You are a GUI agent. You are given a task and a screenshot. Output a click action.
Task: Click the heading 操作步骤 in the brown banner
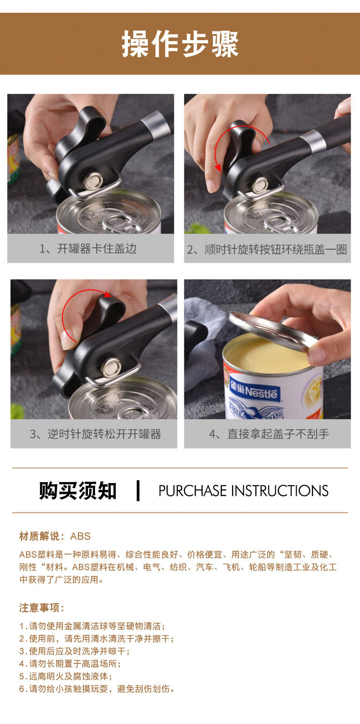click(x=180, y=45)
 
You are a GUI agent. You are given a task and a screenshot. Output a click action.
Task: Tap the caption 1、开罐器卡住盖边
click(x=88, y=249)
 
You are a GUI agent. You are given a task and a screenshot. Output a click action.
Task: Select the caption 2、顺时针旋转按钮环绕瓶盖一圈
click(x=267, y=250)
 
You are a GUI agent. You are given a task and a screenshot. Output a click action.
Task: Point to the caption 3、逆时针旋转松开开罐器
click(x=95, y=434)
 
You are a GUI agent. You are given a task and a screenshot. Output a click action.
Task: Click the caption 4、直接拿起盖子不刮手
click(x=269, y=434)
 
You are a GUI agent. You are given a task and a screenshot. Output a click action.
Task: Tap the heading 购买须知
click(x=78, y=491)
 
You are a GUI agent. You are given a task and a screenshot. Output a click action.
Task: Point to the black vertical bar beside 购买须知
click(x=138, y=491)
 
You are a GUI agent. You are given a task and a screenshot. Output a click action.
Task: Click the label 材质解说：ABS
click(x=55, y=536)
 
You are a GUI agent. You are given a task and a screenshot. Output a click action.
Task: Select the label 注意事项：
click(x=42, y=608)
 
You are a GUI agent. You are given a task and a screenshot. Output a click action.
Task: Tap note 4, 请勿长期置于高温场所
click(x=70, y=664)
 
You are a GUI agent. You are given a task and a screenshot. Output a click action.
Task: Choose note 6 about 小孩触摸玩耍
click(x=97, y=689)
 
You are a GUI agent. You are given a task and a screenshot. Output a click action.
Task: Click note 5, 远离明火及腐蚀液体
click(x=66, y=677)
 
